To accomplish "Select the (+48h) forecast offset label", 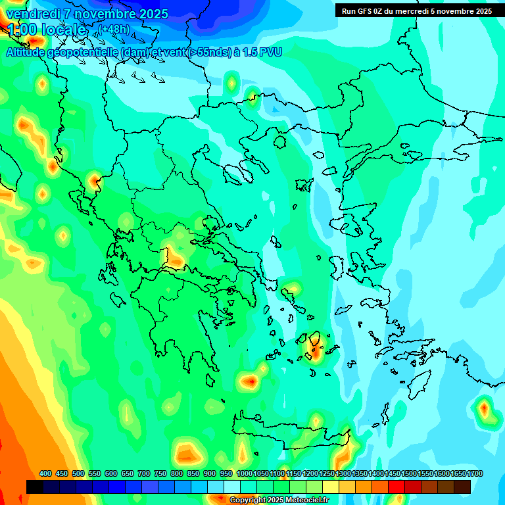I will coord(114,29).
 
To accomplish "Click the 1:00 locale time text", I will coord(47,30).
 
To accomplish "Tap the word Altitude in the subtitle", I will coord(28,52).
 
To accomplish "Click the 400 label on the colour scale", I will coord(45,473).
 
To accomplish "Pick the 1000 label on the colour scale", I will coord(244,473).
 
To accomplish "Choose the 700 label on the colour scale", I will coord(144,473).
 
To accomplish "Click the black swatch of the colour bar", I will coord(35,487).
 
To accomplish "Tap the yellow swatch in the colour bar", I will coord(331,487).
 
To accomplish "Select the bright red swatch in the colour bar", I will coord(397,487).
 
